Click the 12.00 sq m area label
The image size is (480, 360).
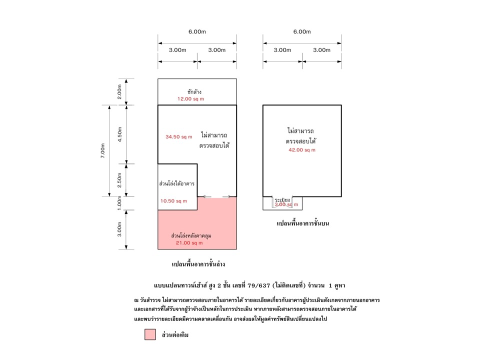(x=190, y=99)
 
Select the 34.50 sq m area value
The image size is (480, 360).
(x=178, y=136)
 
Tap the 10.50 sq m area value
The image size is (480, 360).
(x=173, y=201)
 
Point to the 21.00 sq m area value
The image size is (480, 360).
(x=189, y=243)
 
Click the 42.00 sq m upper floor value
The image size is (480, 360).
(x=301, y=150)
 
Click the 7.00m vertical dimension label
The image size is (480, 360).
(x=103, y=150)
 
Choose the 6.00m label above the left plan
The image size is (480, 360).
(x=197, y=31)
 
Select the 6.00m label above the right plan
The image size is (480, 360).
(x=301, y=31)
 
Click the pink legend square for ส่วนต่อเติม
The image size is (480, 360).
(x=150, y=334)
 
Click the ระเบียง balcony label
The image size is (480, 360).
(x=282, y=199)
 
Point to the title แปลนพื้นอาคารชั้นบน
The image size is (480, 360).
(x=305, y=224)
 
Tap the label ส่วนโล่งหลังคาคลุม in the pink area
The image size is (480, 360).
(x=195, y=234)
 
